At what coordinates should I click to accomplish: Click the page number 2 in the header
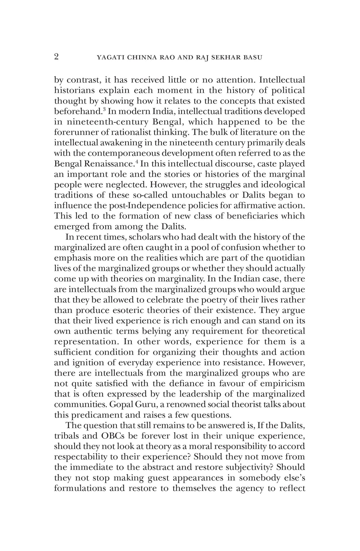56,57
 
